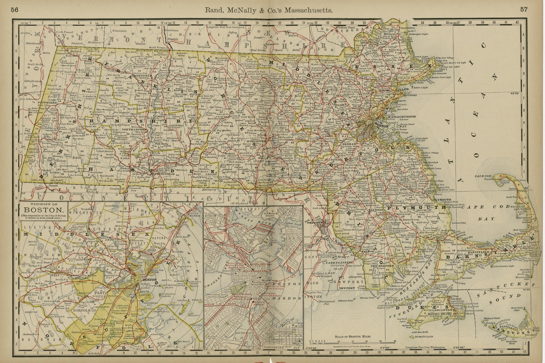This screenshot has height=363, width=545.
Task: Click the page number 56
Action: coord(15,10)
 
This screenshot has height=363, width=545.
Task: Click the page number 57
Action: coord(524,10)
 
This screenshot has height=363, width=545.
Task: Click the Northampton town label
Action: coord(134,129)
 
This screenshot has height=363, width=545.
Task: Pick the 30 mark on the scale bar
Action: coord(395,341)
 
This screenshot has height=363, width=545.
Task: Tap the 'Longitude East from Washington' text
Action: coord(427,347)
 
